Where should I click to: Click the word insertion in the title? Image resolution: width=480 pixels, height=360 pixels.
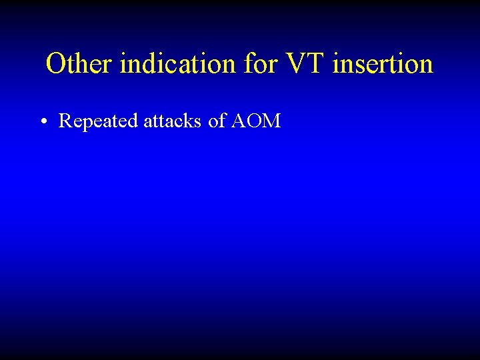point(383,64)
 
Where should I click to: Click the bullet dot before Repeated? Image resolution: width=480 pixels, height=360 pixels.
point(42,122)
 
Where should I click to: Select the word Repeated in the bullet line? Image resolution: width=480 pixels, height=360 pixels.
point(99,121)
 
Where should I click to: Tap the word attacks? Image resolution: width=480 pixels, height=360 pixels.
point(173,121)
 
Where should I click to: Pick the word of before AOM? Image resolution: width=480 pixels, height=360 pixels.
point(217,121)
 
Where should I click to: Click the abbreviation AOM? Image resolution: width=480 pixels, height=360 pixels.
point(256,121)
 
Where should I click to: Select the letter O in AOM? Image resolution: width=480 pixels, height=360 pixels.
point(255,121)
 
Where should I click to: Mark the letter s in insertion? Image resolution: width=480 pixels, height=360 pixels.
point(356,65)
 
